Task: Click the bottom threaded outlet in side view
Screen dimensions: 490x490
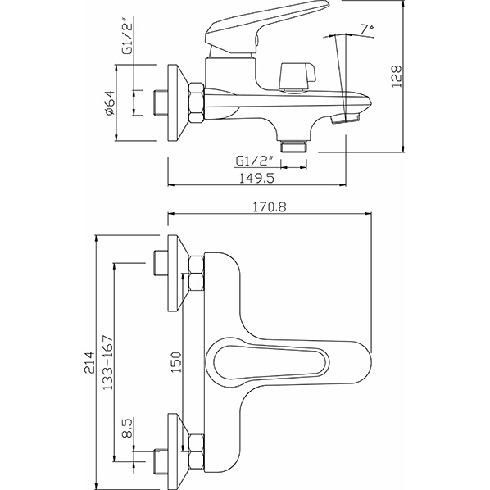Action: [292, 146]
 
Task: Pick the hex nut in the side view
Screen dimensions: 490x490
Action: [197, 102]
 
